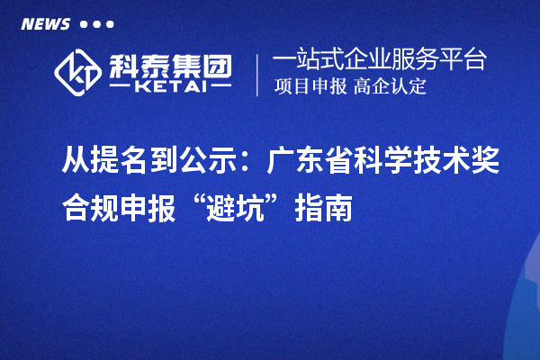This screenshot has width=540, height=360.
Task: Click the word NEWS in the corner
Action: [45, 23]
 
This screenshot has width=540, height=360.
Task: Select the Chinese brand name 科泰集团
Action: [170, 64]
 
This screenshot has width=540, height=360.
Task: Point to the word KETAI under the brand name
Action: [169, 89]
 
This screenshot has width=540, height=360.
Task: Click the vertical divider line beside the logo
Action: [259, 75]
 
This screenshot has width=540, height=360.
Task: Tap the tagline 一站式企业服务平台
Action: [379, 60]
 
